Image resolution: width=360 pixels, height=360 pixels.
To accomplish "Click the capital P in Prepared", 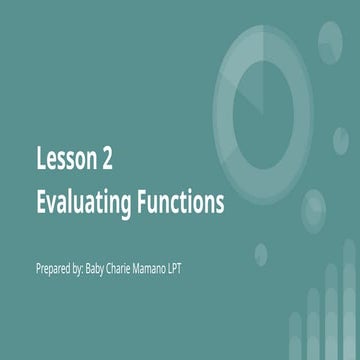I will [x=38, y=268].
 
